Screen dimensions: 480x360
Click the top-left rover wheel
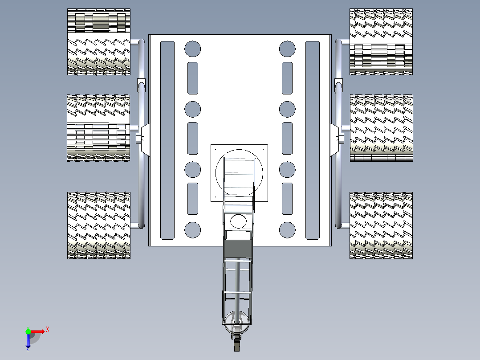[x=98, y=42]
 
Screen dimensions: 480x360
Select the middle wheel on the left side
[x=98, y=128]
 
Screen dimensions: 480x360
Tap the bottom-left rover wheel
[x=98, y=225]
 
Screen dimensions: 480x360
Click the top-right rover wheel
[x=381, y=42]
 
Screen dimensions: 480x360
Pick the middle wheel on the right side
[x=382, y=128]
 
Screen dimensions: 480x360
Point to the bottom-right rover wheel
[x=381, y=225]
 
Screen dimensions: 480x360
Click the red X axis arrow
[x=38, y=331]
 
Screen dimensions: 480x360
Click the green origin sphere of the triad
[x=28, y=331]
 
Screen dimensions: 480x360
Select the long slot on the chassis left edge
[x=167, y=140]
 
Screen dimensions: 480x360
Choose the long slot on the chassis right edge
[x=313, y=140]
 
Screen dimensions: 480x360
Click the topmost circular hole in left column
[x=192, y=49]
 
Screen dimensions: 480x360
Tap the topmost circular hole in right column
[x=287, y=49]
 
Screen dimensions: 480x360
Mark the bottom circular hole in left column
[x=192, y=230]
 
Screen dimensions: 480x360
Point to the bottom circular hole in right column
[x=287, y=230]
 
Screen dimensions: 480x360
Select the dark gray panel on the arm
[x=238, y=249]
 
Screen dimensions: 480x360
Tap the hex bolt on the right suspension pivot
[x=340, y=138]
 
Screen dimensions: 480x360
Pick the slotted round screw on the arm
[x=238, y=221]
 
